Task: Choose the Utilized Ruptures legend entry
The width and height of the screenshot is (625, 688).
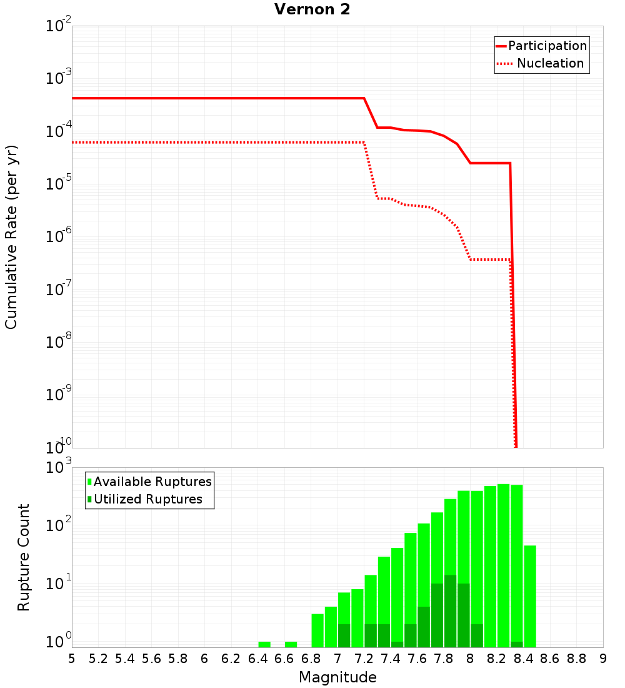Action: coord(147,500)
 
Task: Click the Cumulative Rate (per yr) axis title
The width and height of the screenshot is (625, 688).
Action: coord(11,238)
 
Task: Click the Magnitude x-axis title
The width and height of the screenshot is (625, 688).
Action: coord(337,677)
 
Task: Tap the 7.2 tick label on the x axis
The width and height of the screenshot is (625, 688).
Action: coord(364,659)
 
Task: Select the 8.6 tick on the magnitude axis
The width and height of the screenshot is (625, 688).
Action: coord(550,659)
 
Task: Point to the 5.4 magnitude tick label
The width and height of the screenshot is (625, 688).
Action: coord(125,659)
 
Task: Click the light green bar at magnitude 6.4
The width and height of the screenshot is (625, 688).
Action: coord(264,644)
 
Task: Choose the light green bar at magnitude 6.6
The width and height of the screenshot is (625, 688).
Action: coord(291,644)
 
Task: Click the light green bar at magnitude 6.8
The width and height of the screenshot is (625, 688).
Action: coord(317,630)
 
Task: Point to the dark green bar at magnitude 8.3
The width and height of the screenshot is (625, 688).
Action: coord(517,644)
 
